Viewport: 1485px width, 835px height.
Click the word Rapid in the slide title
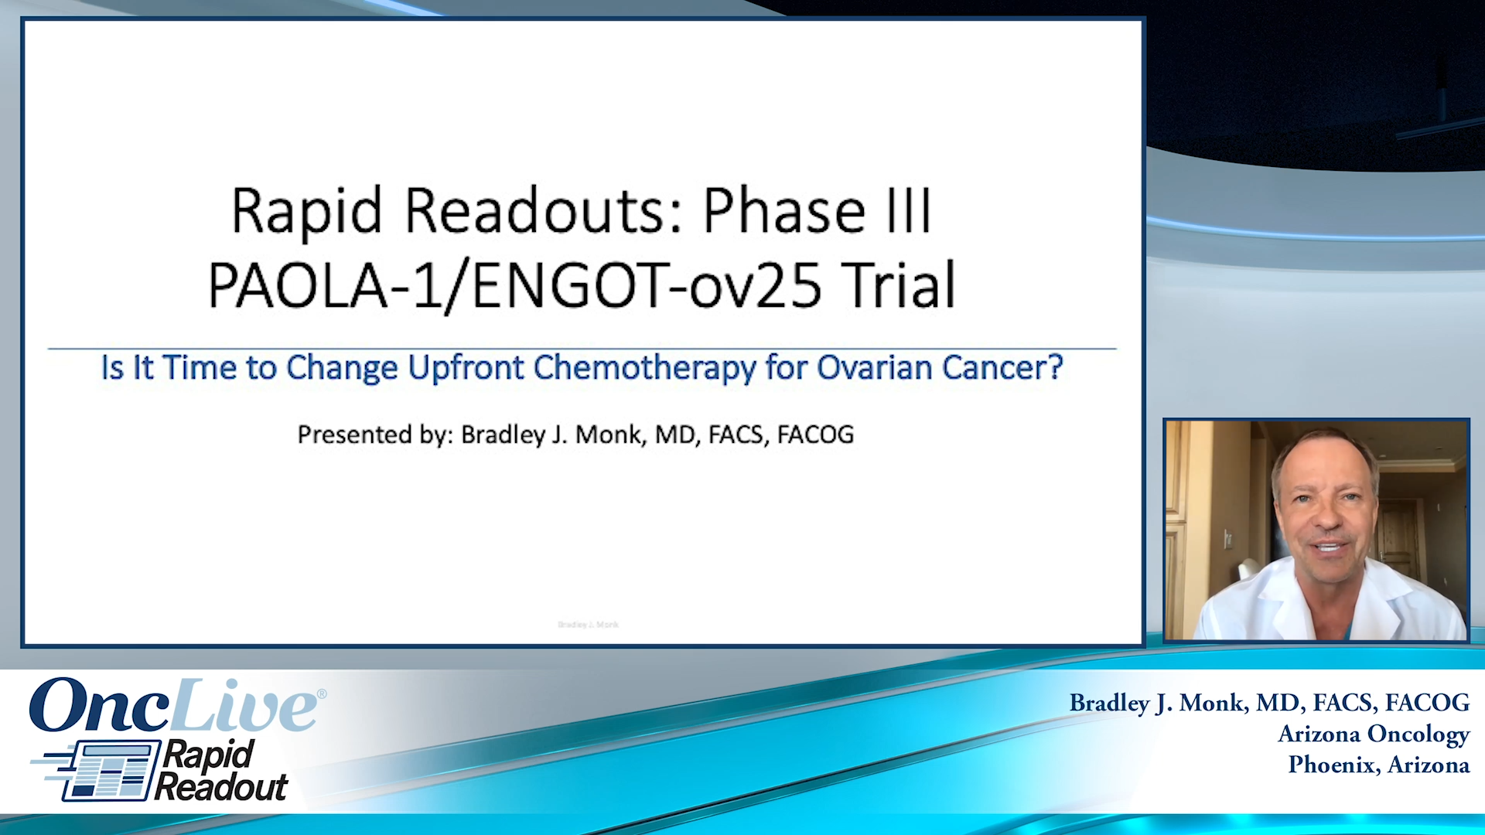(x=306, y=211)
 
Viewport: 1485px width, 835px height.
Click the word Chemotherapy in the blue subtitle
(x=644, y=368)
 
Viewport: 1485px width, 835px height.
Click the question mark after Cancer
(x=1055, y=368)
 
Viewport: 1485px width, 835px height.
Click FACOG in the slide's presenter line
(x=815, y=435)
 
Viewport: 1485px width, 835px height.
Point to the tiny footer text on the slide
(x=588, y=624)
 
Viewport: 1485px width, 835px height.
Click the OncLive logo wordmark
(x=174, y=706)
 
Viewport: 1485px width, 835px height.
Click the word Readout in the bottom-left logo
(x=221, y=788)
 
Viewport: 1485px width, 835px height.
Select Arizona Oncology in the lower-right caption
(x=1373, y=734)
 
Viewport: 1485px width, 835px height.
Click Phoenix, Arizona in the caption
(x=1378, y=765)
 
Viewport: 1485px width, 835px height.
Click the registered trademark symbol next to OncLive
(x=322, y=694)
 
